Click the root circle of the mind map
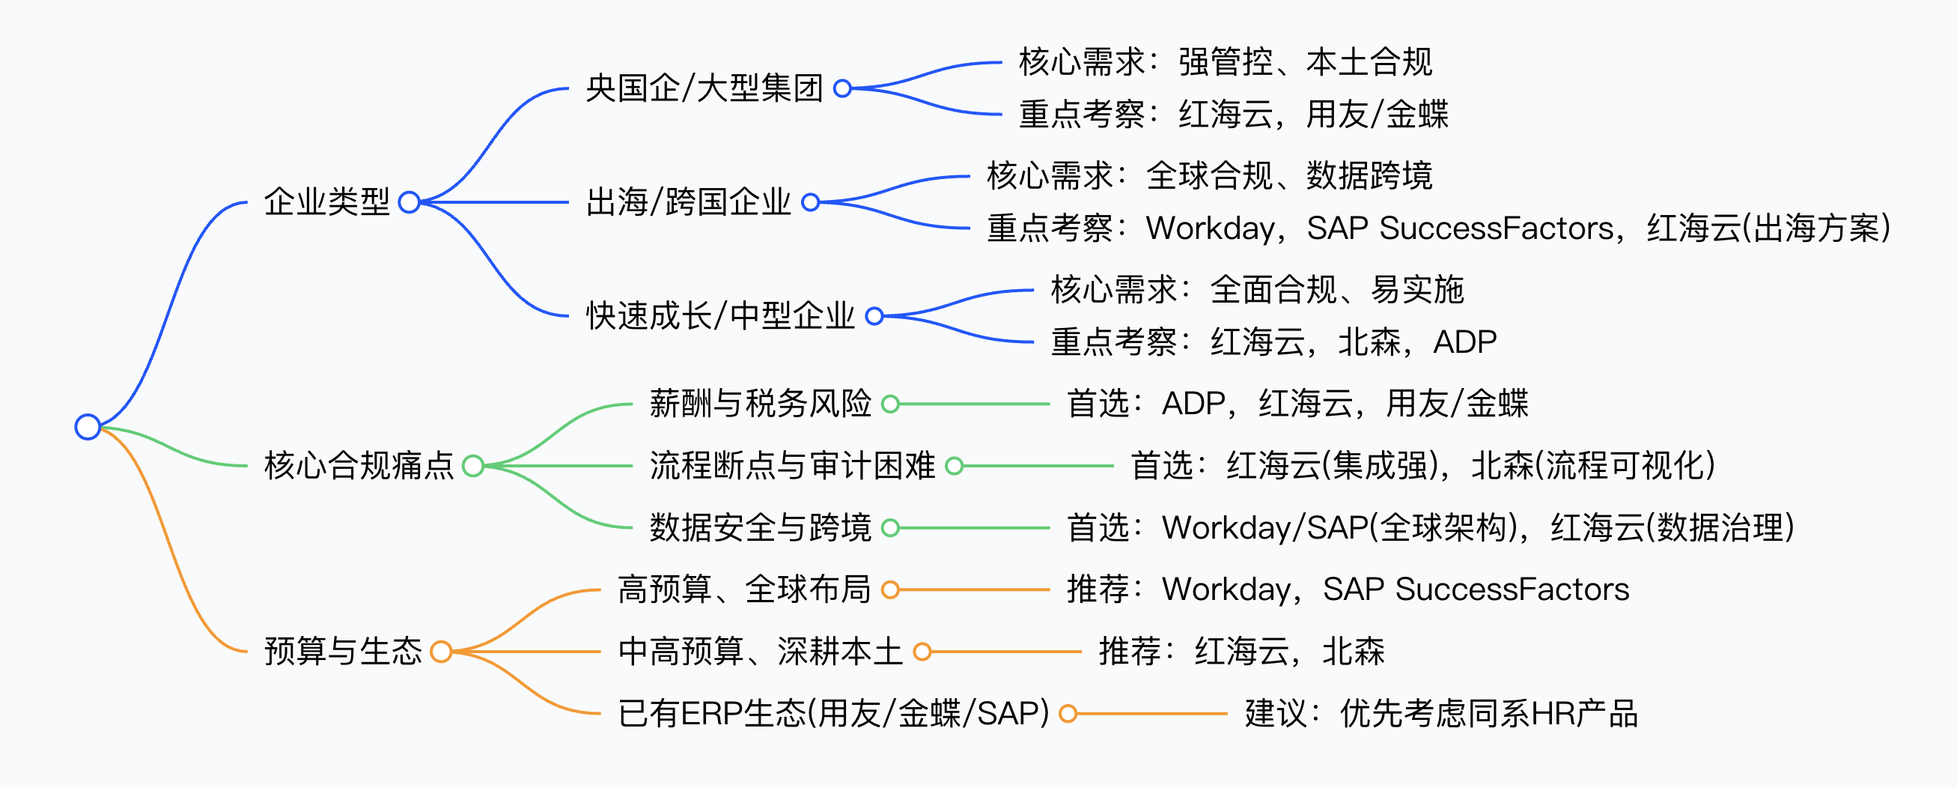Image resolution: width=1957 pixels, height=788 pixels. [x=88, y=427]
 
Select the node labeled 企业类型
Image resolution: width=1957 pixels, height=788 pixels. [x=326, y=202]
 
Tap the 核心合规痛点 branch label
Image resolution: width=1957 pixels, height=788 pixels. [x=359, y=466]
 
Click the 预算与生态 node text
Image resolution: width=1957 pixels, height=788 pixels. [x=343, y=651]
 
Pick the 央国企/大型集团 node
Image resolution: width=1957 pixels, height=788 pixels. [x=704, y=88]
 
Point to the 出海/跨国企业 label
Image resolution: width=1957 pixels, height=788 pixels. [x=688, y=202]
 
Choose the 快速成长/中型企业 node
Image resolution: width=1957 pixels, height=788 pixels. [x=720, y=316]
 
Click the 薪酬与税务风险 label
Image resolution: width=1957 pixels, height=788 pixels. [x=760, y=404]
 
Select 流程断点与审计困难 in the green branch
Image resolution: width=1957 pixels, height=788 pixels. [x=791, y=466]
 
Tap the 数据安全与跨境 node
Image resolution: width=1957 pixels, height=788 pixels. [x=760, y=528]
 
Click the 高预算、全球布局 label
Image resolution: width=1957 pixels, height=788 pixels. [x=743, y=590]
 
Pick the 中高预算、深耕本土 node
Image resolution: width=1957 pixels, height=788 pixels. [x=760, y=652]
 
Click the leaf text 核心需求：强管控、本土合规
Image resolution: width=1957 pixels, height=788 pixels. [x=1225, y=62]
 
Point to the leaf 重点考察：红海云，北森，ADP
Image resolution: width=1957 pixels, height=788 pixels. [x=1273, y=342]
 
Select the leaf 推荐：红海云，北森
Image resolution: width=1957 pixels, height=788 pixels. [x=1241, y=652]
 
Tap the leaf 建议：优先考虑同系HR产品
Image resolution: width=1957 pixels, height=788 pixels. [x=1440, y=715]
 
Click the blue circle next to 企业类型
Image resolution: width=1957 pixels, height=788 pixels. [x=410, y=202]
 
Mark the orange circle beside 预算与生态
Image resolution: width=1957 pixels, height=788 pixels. [x=441, y=652]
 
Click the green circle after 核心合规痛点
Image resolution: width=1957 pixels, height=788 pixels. [x=472, y=466]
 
